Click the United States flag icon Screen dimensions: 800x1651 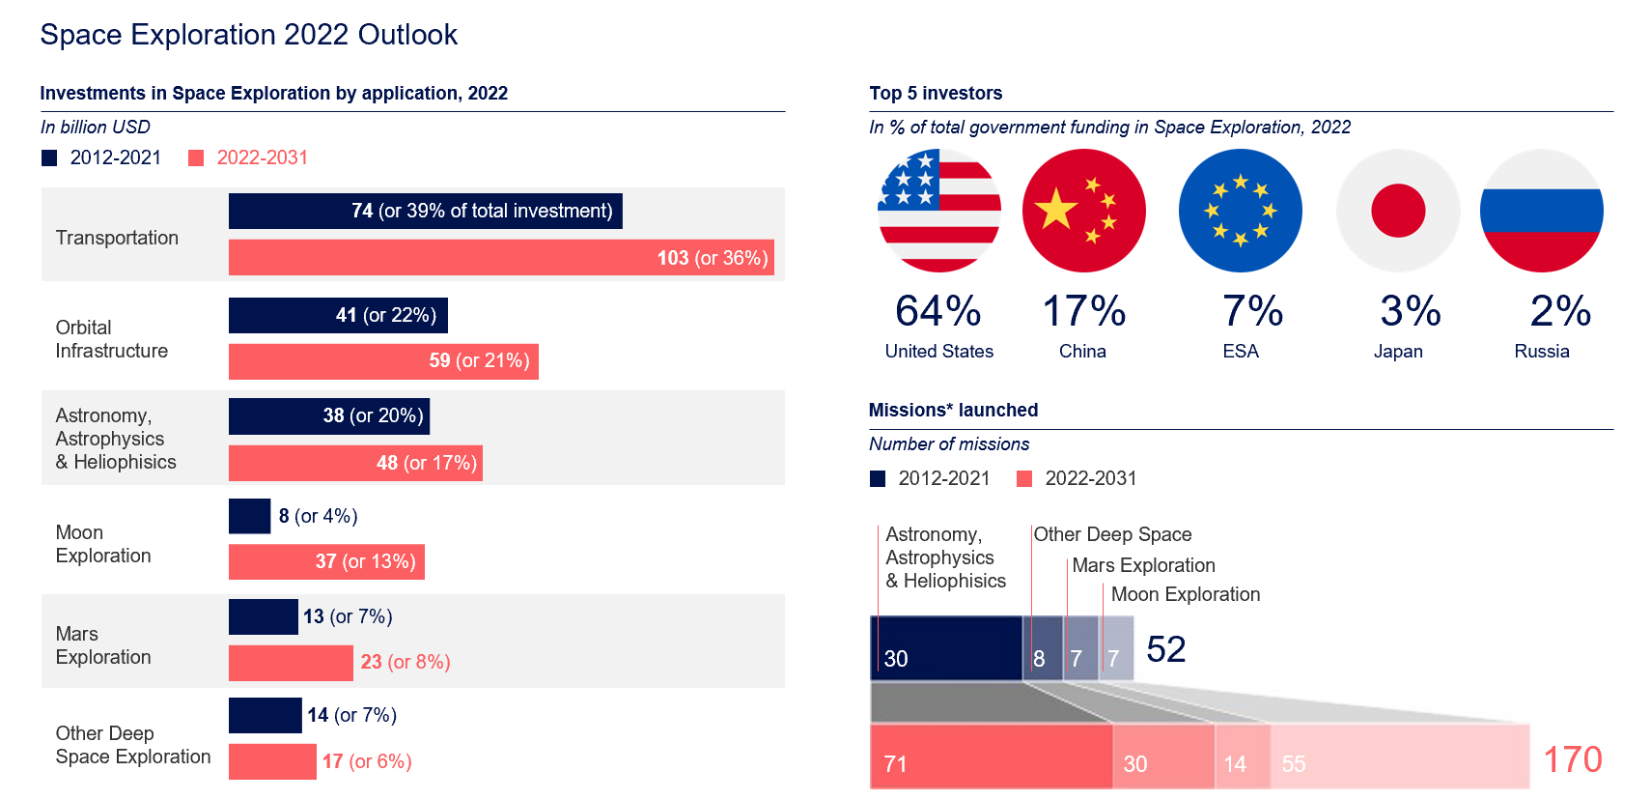tap(938, 211)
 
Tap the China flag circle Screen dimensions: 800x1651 tap(1083, 211)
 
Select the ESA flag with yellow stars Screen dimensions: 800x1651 tap(1240, 211)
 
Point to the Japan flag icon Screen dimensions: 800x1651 tap(1397, 211)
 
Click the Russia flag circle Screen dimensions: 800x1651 tap(1541, 211)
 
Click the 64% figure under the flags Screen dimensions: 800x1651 tap(937, 311)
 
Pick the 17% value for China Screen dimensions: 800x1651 tap(1083, 311)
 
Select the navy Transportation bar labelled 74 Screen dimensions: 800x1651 tap(425, 211)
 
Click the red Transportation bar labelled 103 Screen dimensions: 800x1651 tap(501, 258)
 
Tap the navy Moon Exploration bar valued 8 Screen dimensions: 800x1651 tap(249, 516)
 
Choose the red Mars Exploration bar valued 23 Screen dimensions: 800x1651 tap(291, 663)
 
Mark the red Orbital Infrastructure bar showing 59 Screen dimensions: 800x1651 tap(383, 361)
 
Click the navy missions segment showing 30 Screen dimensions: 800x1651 tap(946, 648)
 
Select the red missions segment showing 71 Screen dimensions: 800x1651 tap(991, 757)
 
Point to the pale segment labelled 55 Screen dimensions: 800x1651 tap(1399, 757)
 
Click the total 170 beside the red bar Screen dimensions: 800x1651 tap(1572, 759)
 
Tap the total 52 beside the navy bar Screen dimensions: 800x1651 tap(1165, 649)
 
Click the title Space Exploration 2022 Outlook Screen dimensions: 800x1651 tap(248, 35)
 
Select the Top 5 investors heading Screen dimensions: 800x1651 tap(935, 93)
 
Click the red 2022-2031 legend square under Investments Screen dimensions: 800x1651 tap(196, 157)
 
